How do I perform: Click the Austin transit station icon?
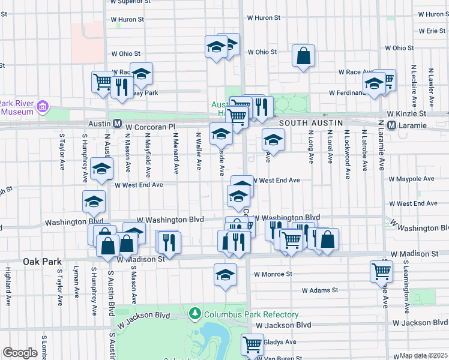coord(118,125)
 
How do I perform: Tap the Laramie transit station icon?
coord(392,125)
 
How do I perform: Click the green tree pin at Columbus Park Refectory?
coord(194,313)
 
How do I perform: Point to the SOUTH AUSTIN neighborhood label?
coord(311,123)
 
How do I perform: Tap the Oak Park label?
coord(43,262)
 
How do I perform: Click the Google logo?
coord(20,352)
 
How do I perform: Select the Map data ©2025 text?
coord(424,355)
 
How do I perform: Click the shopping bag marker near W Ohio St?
coord(304,56)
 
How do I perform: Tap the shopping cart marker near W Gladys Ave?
coord(252,344)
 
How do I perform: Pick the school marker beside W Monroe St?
coord(225,275)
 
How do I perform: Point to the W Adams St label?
coord(320,290)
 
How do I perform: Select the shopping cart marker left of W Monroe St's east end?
coord(381,271)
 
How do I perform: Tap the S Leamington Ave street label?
coord(406,287)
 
